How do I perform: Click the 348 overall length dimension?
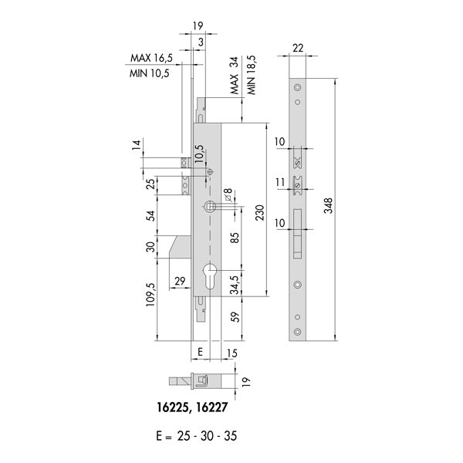(x=328, y=205)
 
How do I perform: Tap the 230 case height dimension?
(x=260, y=212)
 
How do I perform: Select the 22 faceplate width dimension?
(x=297, y=48)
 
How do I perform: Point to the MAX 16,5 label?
(x=151, y=58)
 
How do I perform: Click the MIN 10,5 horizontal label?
(x=150, y=73)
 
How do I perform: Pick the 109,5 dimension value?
(x=150, y=294)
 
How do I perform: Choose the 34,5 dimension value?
(x=235, y=285)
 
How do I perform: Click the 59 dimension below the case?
(x=235, y=317)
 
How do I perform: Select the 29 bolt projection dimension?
(x=180, y=281)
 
